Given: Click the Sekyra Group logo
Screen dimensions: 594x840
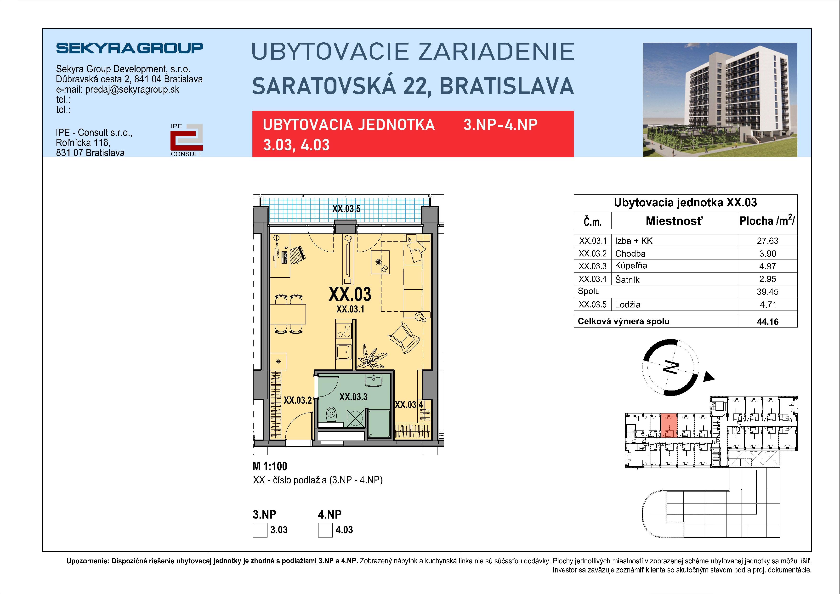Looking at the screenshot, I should [x=130, y=48].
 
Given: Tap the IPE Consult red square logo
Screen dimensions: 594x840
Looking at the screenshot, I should [x=187, y=139].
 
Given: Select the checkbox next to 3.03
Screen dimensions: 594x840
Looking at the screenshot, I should [x=260, y=530].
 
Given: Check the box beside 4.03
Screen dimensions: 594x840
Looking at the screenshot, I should [x=325, y=530].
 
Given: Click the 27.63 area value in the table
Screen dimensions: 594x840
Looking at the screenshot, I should [x=767, y=241].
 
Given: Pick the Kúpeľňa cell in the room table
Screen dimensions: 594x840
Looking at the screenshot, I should [x=631, y=266].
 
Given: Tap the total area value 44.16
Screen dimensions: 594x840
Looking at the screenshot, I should [x=767, y=322].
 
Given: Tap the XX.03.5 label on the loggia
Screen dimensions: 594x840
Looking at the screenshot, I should [x=346, y=209].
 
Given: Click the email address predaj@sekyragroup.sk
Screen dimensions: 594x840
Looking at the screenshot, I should [x=132, y=90].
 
